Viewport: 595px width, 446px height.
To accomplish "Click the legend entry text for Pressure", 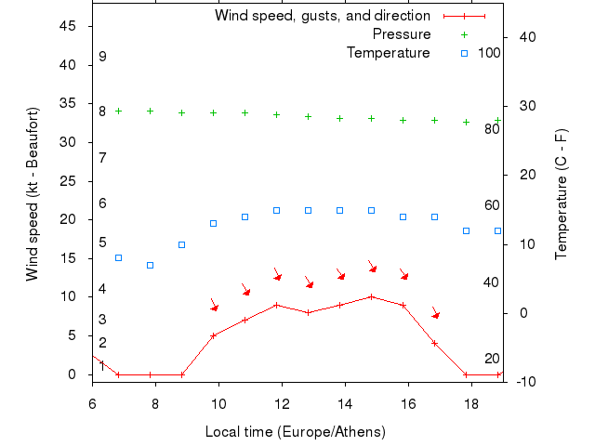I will pyautogui.click(x=402, y=34).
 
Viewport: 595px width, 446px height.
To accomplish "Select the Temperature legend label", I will pyautogui.click(x=389, y=53).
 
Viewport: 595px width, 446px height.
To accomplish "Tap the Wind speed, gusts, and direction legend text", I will pyautogui.click(x=323, y=16).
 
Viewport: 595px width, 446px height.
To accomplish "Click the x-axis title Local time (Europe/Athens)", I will pyautogui.click(x=295, y=432).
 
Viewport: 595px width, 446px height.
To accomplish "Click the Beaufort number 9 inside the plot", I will pyautogui.click(x=102, y=57).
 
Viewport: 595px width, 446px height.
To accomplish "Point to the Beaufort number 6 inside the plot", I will pyautogui.click(x=102, y=203).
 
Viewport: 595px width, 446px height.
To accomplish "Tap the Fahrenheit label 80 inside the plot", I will pyautogui.click(x=493, y=128).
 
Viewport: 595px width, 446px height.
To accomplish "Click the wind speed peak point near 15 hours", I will pyautogui.click(x=372, y=296).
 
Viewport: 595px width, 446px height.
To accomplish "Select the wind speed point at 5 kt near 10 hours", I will pyautogui.click(x=214, y=335).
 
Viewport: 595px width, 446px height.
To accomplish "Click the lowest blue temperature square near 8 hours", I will pyautogui.click(x=150, y=265).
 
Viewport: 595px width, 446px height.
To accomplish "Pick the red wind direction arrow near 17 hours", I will pyautogui.click(x=435, y=313).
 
